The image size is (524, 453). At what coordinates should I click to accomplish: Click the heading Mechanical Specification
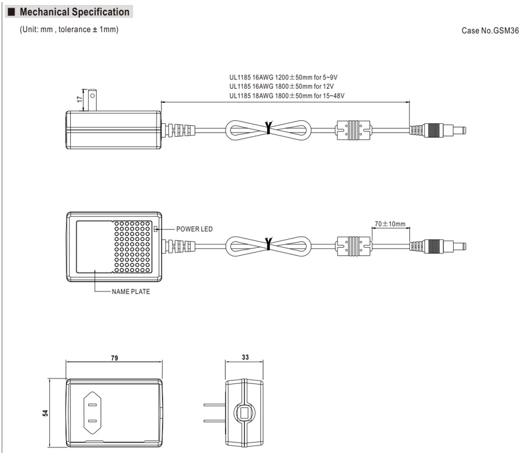coord(75,12)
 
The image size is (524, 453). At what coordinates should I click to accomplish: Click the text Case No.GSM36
coord(490,31)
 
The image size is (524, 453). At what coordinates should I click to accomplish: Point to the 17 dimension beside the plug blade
coord(79,99)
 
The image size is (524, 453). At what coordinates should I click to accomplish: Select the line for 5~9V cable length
coord(284,78)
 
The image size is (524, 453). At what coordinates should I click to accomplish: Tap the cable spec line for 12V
coord(281,86)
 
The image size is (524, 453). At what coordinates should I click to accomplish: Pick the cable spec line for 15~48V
coord(287,96)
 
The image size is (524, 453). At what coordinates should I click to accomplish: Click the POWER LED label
coord(194,229)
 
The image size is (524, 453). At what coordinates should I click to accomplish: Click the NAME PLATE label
coord(131,292)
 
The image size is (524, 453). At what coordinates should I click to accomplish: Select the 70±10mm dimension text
coord(390,224)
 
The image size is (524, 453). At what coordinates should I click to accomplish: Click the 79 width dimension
coord(114,358)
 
